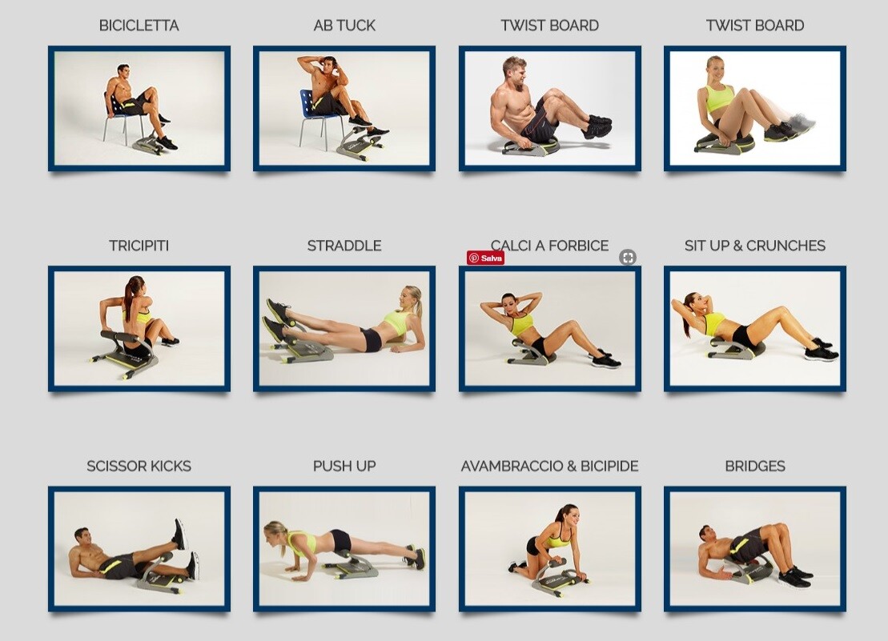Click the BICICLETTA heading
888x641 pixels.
click(x=139, y=26)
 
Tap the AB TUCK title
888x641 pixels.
click(x=344, y=26)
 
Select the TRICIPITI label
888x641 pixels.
click(x=139, y=246)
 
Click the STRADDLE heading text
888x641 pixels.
click(x=344, y=246)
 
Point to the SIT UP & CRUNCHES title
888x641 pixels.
click(x=754, y=246)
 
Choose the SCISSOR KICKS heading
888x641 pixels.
click(x=139, y=466)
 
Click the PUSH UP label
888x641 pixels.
click(x=344, y=466)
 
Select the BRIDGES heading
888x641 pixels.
click(x=754, y=466)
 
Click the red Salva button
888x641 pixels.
click(x=486, y=258)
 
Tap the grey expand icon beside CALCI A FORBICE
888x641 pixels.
click(x=628, y=257)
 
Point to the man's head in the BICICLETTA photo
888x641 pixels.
click(x=123, y=71)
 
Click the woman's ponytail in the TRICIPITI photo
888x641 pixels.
click(x=129, y=299)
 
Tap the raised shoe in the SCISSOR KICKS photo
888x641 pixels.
click(x=180, y=533)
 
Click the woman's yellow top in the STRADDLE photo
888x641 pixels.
click(x=396, y=322)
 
